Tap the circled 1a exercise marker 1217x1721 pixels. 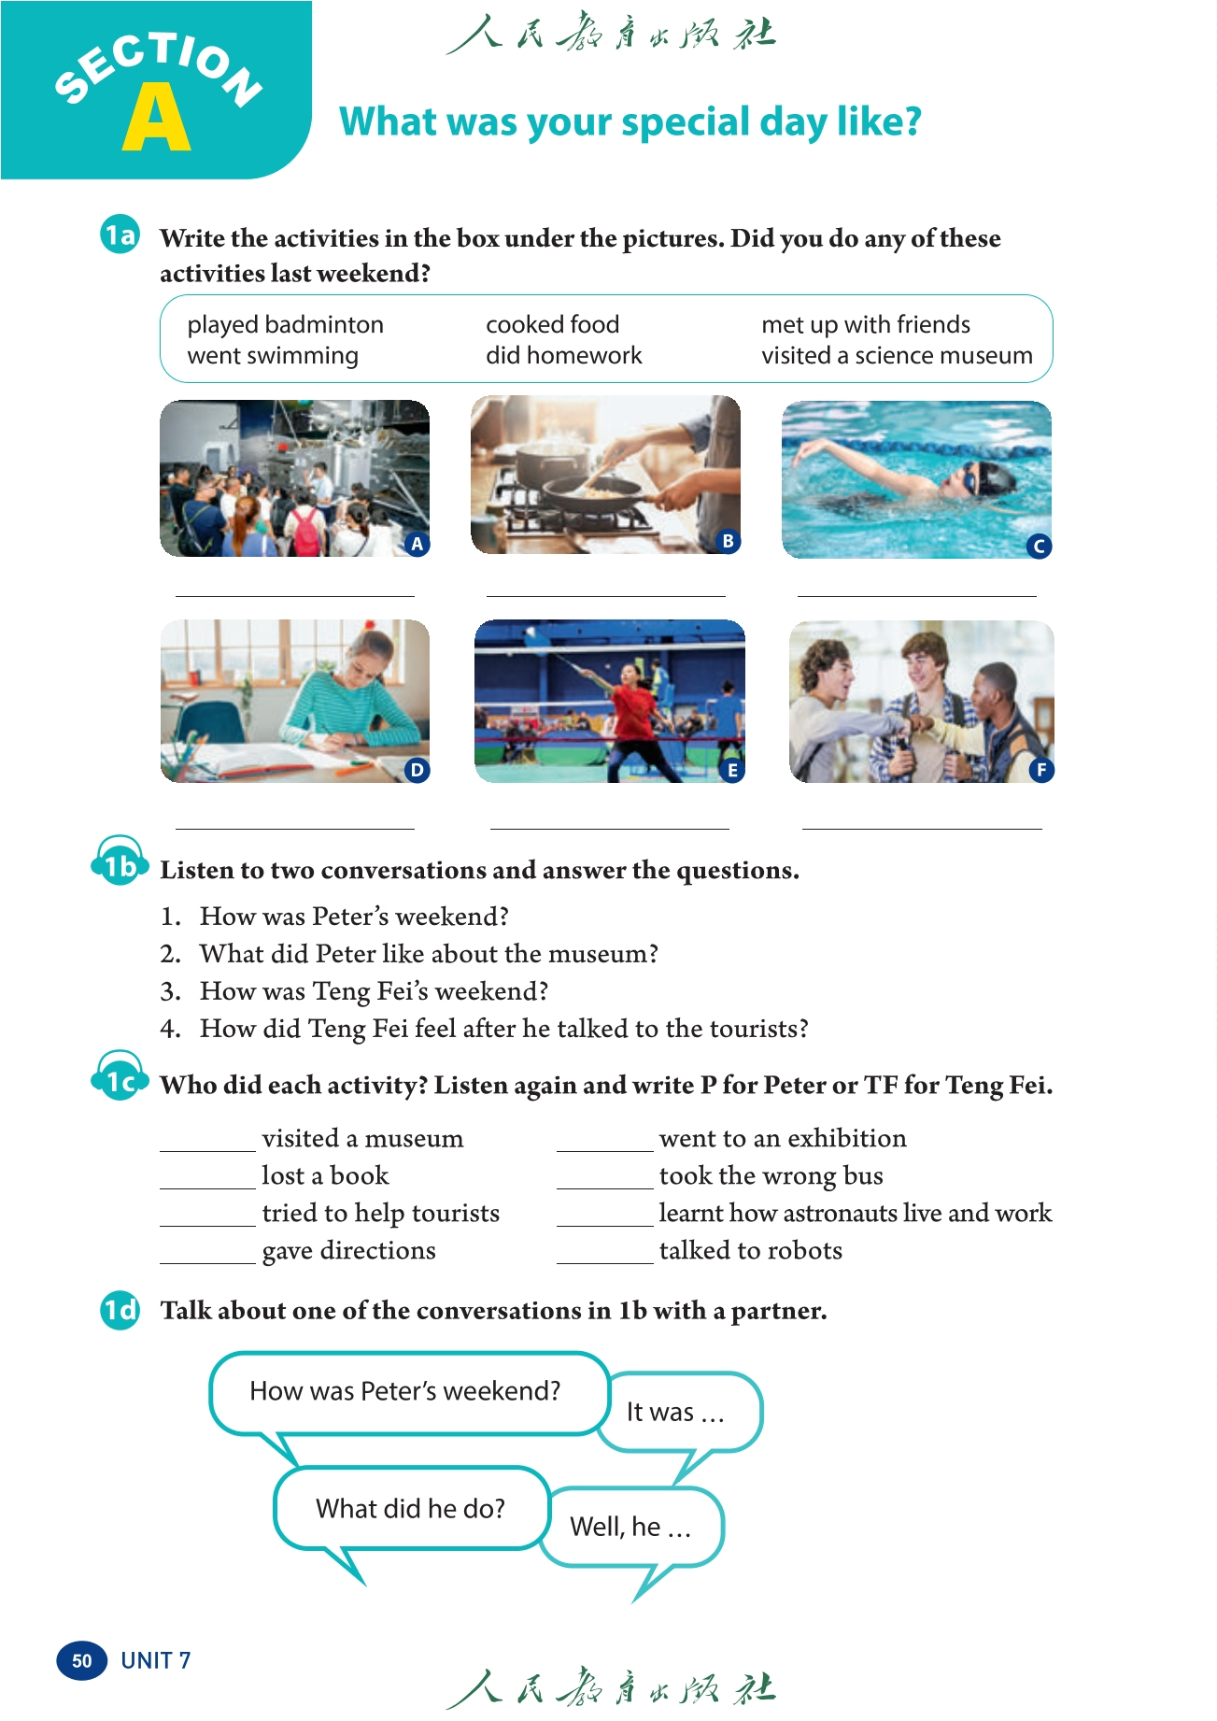coord(120,235)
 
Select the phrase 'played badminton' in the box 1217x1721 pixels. coord(285,324)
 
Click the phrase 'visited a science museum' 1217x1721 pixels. coord(897,356)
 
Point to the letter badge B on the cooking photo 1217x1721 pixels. coord(728,541)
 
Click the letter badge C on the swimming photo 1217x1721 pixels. coord(1038,547)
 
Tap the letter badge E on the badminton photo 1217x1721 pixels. coord(732,770)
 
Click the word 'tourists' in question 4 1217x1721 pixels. coord(754,1029)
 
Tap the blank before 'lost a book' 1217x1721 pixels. coord(207,1179)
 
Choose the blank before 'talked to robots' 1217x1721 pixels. coord(604,1254)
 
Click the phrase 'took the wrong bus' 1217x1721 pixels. coord(771,1175)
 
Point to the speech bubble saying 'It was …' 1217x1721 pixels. coord(676,1412)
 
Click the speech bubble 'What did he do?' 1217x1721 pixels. coord(410,1509)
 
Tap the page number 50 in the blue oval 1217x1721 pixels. coord(82,1660)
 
